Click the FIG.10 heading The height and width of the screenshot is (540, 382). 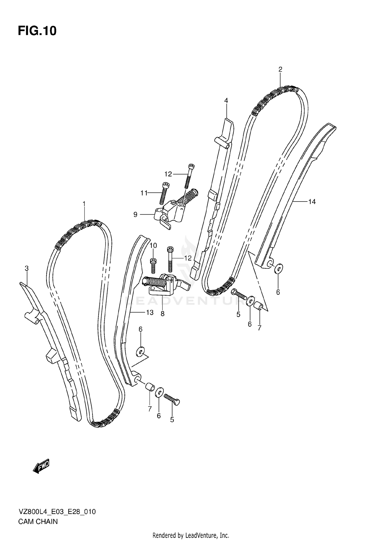point(37,31)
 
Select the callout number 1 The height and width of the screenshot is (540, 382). point(84,204)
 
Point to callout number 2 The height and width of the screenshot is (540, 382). point(280,69)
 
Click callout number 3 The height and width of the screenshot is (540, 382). point(26,268)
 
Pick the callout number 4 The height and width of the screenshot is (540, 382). point(226,101)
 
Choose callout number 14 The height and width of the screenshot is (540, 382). point(312,202)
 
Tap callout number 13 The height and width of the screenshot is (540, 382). point(150,312)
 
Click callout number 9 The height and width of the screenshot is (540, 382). point(135,215)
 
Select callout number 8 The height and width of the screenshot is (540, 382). point(162,314)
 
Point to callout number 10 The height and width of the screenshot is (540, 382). point(153,246)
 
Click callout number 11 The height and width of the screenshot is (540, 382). point(144,193)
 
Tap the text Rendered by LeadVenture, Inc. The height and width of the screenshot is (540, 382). point(191,535)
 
